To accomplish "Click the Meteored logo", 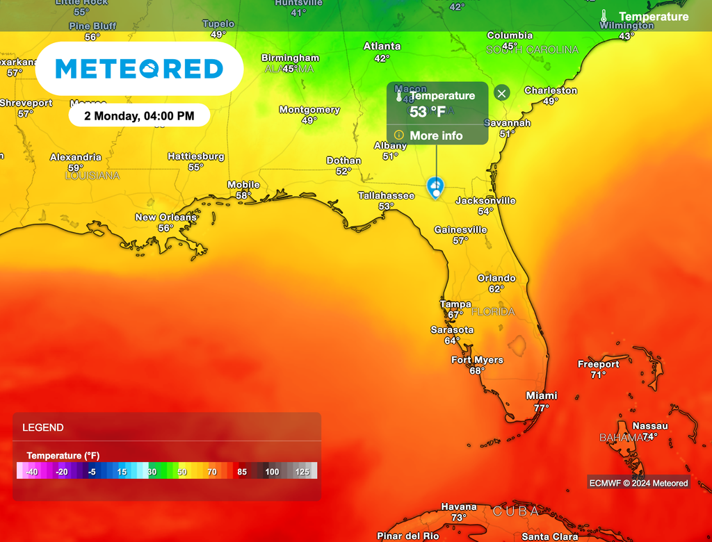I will (x=139, y=69).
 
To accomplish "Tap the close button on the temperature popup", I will (x=502, y=93).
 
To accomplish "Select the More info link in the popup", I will (x=435, y=135).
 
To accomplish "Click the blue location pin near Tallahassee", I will (x=435, y=186).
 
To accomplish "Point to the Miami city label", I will (x=541, y=395).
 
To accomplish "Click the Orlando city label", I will (x=496, y=278).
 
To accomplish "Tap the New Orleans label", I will (x=165, y=217).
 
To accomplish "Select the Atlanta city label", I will (x=382, y=47).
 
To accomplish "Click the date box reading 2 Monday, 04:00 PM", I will (x=139, y=116).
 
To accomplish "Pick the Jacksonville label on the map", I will (x=485, y=201).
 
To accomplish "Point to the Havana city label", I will (x=459, y=507).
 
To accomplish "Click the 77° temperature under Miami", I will (x=541, y=408).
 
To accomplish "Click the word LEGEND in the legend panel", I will (x=43, y=428).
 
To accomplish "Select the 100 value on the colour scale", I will (x=272, y=472).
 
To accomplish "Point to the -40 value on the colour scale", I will (x=31, y=472).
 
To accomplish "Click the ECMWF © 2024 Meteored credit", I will (x=638, y=483).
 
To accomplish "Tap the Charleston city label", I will (x=551, y=90).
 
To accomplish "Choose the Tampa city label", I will (x=455, y=304).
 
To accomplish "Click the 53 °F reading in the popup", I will (x=427, y=112).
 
